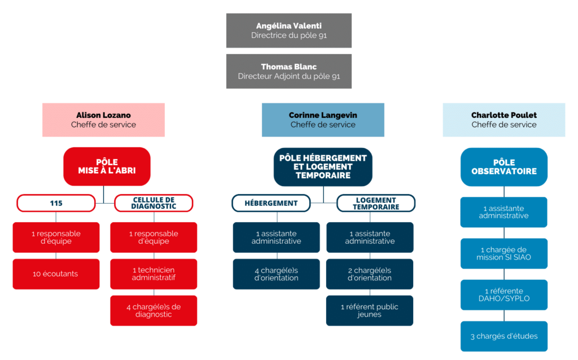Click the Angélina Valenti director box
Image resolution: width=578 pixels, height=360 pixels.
288,30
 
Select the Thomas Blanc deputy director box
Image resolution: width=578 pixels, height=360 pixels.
288,71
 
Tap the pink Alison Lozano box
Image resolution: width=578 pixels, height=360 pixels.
103,120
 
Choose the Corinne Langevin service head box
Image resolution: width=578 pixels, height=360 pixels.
323,120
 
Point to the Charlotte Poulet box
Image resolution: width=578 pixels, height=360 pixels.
503,120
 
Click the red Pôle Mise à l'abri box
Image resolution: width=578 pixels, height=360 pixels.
107,166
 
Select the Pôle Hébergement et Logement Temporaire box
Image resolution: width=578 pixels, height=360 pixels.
323,166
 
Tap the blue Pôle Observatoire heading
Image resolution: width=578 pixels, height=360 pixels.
503,167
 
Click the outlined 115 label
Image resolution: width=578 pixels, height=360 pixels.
56,203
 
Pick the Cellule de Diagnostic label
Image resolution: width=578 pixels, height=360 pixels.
154,203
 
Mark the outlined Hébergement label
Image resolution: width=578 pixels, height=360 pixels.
271,203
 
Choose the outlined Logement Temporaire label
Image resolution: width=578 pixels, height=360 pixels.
376,203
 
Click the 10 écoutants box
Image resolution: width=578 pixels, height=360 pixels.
56,274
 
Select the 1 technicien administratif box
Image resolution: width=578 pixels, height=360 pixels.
154,274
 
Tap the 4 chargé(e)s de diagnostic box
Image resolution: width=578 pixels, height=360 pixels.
154,310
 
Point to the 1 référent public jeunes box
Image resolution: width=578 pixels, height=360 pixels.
370,310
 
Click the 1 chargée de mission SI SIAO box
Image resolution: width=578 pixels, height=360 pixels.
503,253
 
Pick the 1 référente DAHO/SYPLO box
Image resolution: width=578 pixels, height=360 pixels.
503,295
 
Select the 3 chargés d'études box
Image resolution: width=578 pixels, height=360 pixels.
503,336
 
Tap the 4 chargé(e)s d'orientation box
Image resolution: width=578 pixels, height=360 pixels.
276,274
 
